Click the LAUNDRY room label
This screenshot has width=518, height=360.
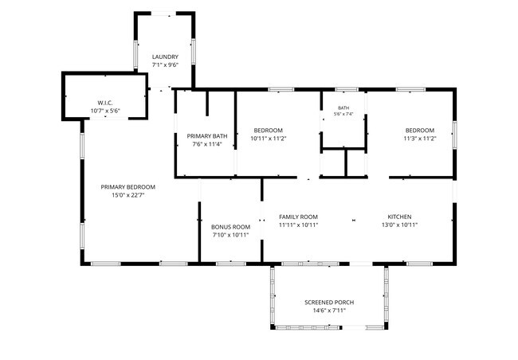165,57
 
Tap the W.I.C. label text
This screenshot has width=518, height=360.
105,103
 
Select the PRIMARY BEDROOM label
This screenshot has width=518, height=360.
128,187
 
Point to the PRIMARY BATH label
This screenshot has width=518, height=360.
207,135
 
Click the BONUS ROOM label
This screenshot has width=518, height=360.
230,227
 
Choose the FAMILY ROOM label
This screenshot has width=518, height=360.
298,217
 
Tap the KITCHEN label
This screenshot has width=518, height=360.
399,217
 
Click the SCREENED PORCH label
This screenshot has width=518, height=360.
329,302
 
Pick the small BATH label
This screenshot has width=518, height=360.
343,108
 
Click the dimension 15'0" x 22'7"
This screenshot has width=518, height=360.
128,195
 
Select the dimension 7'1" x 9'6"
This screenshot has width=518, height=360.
165,65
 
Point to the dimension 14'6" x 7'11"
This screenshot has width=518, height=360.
329,311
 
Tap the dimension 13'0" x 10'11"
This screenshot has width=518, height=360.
400,225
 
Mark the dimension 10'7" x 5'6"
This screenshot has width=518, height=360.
105,111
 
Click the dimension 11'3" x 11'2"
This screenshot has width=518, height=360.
420,139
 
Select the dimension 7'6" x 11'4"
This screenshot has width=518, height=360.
207,144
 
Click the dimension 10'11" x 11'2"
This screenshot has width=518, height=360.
269,139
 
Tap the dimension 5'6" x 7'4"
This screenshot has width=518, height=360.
343,114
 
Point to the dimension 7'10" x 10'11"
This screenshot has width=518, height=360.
230,235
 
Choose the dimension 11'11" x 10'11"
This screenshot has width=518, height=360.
299,225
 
